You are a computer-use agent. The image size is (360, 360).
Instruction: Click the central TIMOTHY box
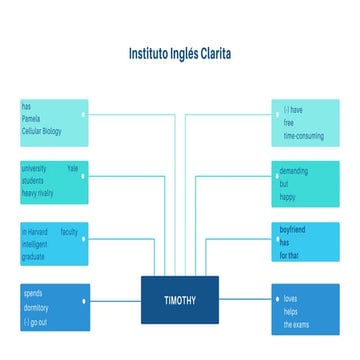[x=180, y=300]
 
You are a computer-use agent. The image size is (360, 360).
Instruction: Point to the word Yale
[x=73, y=170]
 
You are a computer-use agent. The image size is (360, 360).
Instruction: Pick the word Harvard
[x=38, y=232]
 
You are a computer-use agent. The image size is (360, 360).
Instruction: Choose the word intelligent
[x=35, y=244]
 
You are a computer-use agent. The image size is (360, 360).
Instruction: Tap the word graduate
[x=33, y=256]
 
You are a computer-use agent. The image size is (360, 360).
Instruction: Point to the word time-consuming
[x=303, y=134]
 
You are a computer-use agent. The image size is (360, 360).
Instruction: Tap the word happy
[x=289, y=196]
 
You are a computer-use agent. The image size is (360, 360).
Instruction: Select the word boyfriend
[x=294, y=232]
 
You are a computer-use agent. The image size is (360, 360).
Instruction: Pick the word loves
[x=290, y=299]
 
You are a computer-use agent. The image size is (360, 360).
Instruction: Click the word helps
[x=290, y=312]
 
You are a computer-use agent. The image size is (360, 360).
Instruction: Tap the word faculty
[x=69, y=232]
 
